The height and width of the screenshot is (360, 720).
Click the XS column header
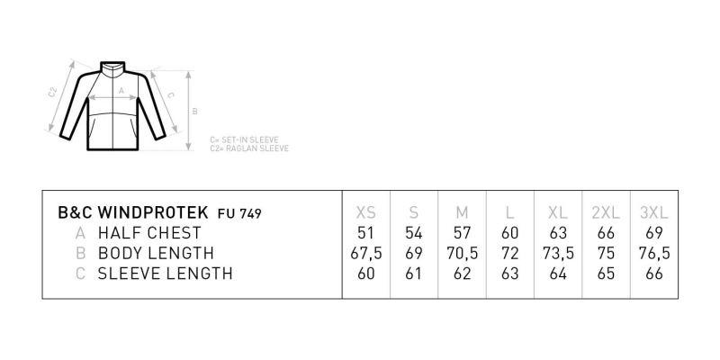point(366,212)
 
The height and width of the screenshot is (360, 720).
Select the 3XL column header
point(654,212)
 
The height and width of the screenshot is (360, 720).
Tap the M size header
point(462,212)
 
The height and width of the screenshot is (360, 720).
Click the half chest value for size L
point(509,233)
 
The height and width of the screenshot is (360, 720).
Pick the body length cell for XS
point(366,253)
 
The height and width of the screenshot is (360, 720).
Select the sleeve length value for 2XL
point(606,274)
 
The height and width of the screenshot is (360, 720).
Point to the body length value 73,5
point(558,253)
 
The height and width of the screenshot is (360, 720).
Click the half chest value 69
point(654,233)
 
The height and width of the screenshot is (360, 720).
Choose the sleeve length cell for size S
point(414,274)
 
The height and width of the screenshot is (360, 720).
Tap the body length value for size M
point(462,253)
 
